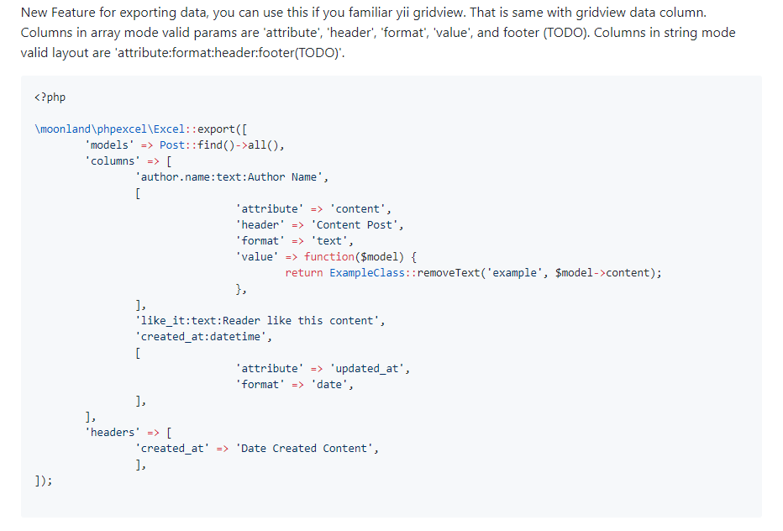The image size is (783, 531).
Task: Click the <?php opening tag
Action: coord(50,97)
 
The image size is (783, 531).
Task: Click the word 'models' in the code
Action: coord(109,145)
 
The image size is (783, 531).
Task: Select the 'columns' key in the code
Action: coord(113,160)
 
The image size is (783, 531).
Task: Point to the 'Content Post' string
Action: coord(355,225)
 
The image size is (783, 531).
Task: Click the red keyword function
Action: coord(329,257)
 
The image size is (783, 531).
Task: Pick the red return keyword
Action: coord(304,273)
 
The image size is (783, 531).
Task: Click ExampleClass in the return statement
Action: coord(367,273)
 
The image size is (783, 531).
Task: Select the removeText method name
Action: coord(449,273)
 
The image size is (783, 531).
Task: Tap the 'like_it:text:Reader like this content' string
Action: coord(258,321)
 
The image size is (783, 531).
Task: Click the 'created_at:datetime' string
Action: coord(202,337)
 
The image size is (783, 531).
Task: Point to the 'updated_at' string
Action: coord(367,369)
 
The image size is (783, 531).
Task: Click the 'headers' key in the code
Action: coord(113,433)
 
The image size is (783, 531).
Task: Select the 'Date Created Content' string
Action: coord(304,449)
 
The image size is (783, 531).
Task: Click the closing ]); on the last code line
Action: coord(44,481)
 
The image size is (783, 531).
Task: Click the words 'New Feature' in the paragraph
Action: coord(57,13)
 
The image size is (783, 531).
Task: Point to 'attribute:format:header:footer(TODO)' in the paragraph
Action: coord(229,53)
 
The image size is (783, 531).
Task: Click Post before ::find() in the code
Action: coord(172,145)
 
